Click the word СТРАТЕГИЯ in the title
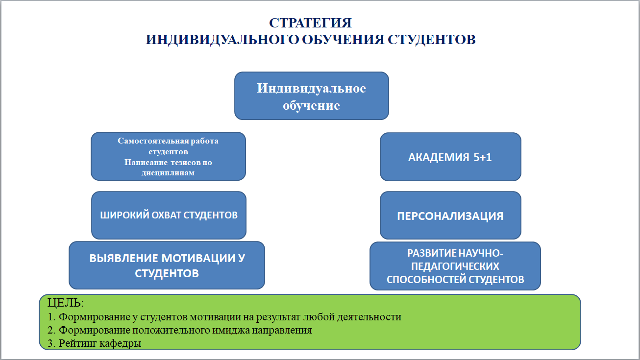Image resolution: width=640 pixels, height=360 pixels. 310,23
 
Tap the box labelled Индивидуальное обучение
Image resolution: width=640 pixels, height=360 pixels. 312,96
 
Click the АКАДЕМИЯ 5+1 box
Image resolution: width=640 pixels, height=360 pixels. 450,157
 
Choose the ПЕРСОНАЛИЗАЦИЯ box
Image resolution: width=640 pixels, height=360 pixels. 450,215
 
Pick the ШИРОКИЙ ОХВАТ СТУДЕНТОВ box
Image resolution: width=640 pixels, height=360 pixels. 169,215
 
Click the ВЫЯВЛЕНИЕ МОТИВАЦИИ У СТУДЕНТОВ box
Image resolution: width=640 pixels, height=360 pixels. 167,265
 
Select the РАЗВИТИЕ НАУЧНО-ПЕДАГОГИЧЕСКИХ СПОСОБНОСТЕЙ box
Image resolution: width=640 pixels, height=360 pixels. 455,266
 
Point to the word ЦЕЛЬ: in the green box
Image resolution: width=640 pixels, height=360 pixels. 66,303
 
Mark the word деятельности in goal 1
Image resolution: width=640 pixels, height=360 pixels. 369,317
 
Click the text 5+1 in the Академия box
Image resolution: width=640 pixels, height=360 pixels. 482,157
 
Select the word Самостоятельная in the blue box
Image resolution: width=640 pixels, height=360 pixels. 153,141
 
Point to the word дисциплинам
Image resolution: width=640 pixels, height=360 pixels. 168,173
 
